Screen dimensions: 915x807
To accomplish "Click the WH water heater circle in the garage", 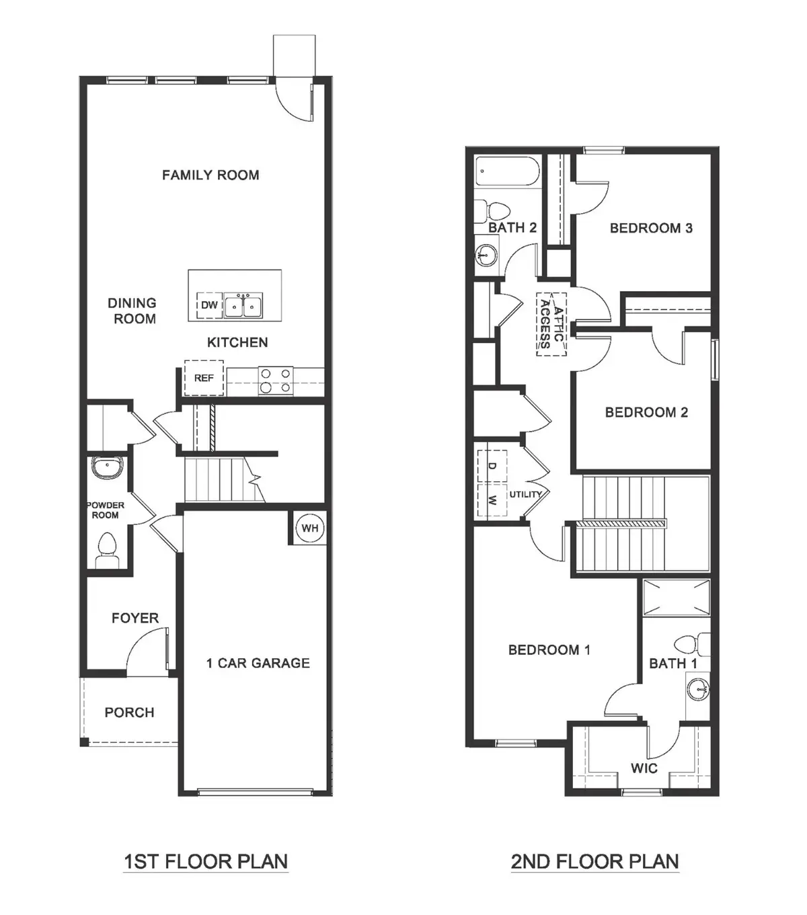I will pyautogui.click(x=309, y=528).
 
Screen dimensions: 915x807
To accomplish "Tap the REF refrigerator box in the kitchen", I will pyautogui.click(x=204, y=379).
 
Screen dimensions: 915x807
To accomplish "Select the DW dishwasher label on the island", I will pyautogui.click(x=210, y=305).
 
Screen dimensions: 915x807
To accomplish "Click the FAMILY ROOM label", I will pyautogui.click(x=210, y=175).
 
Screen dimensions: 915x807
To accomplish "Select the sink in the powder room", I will pyautogui.click(x=106, y=468).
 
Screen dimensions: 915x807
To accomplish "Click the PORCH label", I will pyautogui.click(x=129, y=713).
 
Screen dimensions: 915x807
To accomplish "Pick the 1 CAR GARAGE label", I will pyautogui.click(x=258, y=664).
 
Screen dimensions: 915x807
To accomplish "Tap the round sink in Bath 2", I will pyautogui.click(x=487, y=255).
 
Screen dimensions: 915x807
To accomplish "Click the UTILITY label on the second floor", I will pyautogui.click(x=525, y=495).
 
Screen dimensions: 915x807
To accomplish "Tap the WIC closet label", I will pyautogui.click(x=644, y=768).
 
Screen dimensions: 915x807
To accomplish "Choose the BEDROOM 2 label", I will pyautogui.click(x=646, y=413).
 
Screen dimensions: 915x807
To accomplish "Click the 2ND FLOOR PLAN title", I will pyautogui.click(x=594, y=861).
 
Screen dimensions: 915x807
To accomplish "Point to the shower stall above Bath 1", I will pyautogui.click(x=676, y=596).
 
